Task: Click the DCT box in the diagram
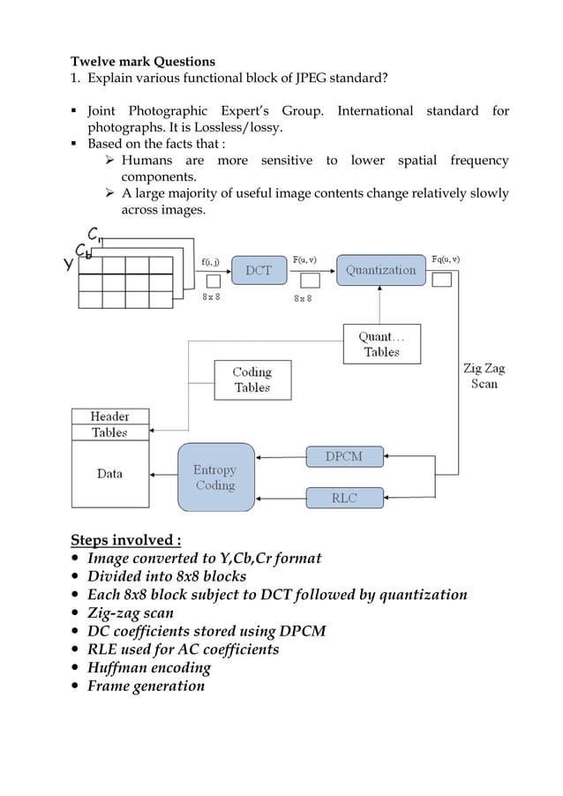coord(259,270)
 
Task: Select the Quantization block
coord(380,270)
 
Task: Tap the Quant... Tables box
coord(381,344)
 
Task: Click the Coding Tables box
coord(252,379)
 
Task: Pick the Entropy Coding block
coord(215,477)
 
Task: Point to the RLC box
coord(344,498)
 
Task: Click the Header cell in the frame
coord(110,416)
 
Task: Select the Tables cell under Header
coord(110,432)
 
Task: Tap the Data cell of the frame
coord(110,474)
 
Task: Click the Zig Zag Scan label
coord(484,376)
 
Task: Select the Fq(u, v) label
coord(444,259)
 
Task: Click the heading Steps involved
coord(125,539)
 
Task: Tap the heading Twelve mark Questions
coord(142,62)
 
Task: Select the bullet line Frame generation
coord(146,686)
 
